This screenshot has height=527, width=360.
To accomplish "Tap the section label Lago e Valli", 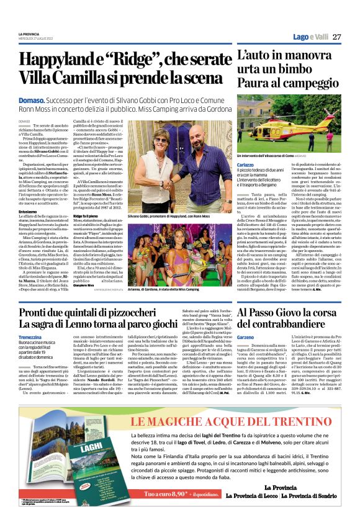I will (312, 37).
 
